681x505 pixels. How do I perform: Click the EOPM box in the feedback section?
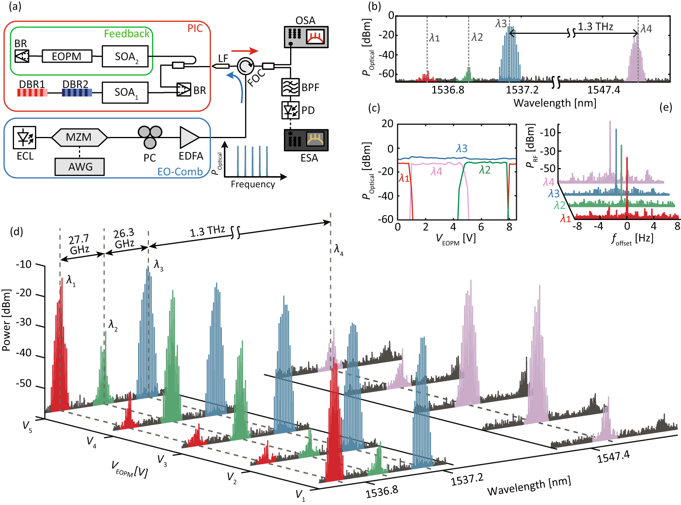click(x=67, y=56)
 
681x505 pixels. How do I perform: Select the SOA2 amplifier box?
click(x=125, y=57)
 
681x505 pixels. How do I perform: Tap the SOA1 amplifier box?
click(x=125, y=93)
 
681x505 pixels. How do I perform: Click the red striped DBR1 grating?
click(x=32, y=93)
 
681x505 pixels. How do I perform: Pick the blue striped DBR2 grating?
click(x=77, y=93)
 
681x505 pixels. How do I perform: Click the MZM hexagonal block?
click(x=79, y=137)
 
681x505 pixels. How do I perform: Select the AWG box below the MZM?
click(x=80, y=167)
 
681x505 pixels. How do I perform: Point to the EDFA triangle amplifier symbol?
click(x=189, y=137)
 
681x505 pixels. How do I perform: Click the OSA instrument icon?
click(x=306, y=37)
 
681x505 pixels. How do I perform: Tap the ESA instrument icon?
click(x=306, y=140)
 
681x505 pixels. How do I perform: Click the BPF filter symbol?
click(x=290, y=87)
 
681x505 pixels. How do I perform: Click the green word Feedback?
click(x=126, y=34)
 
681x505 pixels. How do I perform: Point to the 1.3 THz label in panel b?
click(x=595, y=27)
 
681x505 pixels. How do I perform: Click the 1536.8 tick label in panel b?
click(x=448, y=90)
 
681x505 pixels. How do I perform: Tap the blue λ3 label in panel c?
click(x=462, y=148)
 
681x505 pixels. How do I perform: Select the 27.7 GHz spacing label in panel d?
click(x=79, y=244)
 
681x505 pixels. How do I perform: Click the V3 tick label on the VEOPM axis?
click(x=162, y=460)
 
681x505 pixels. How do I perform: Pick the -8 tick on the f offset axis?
click(x=578, y=226)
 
